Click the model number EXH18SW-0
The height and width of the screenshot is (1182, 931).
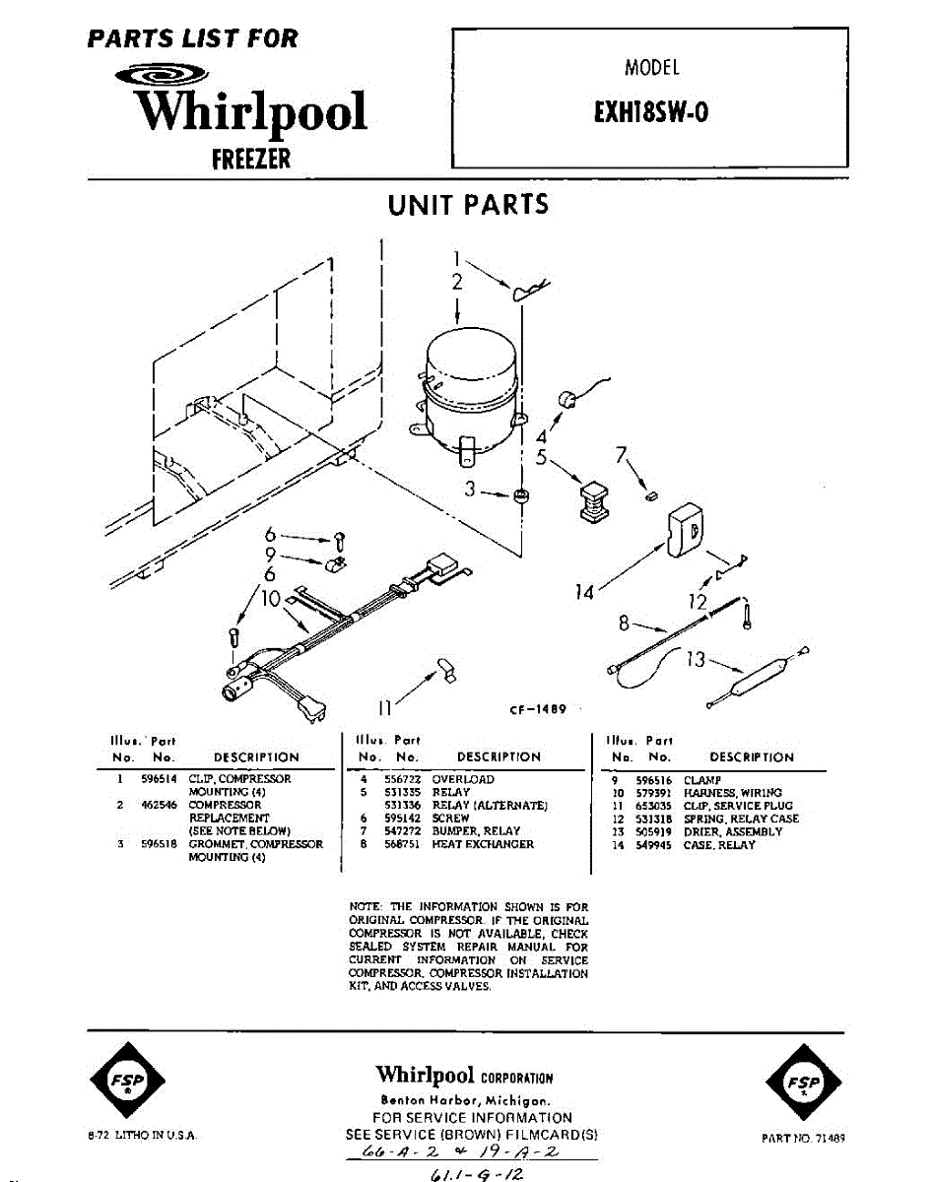tap(650, 112)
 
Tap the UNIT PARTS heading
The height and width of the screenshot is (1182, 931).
tap(468, 205)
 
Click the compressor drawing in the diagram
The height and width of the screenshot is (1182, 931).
tap(470, 389)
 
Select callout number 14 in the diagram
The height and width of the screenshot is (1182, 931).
tap(585, 592)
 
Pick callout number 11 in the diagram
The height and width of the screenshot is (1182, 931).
tap(387, 705)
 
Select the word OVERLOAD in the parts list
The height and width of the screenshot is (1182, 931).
tap(463, 778)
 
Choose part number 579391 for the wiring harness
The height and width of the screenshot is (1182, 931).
tap(655, 792)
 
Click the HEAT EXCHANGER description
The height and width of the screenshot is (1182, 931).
tap(483, 844)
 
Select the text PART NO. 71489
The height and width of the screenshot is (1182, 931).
tap(803, 1137)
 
